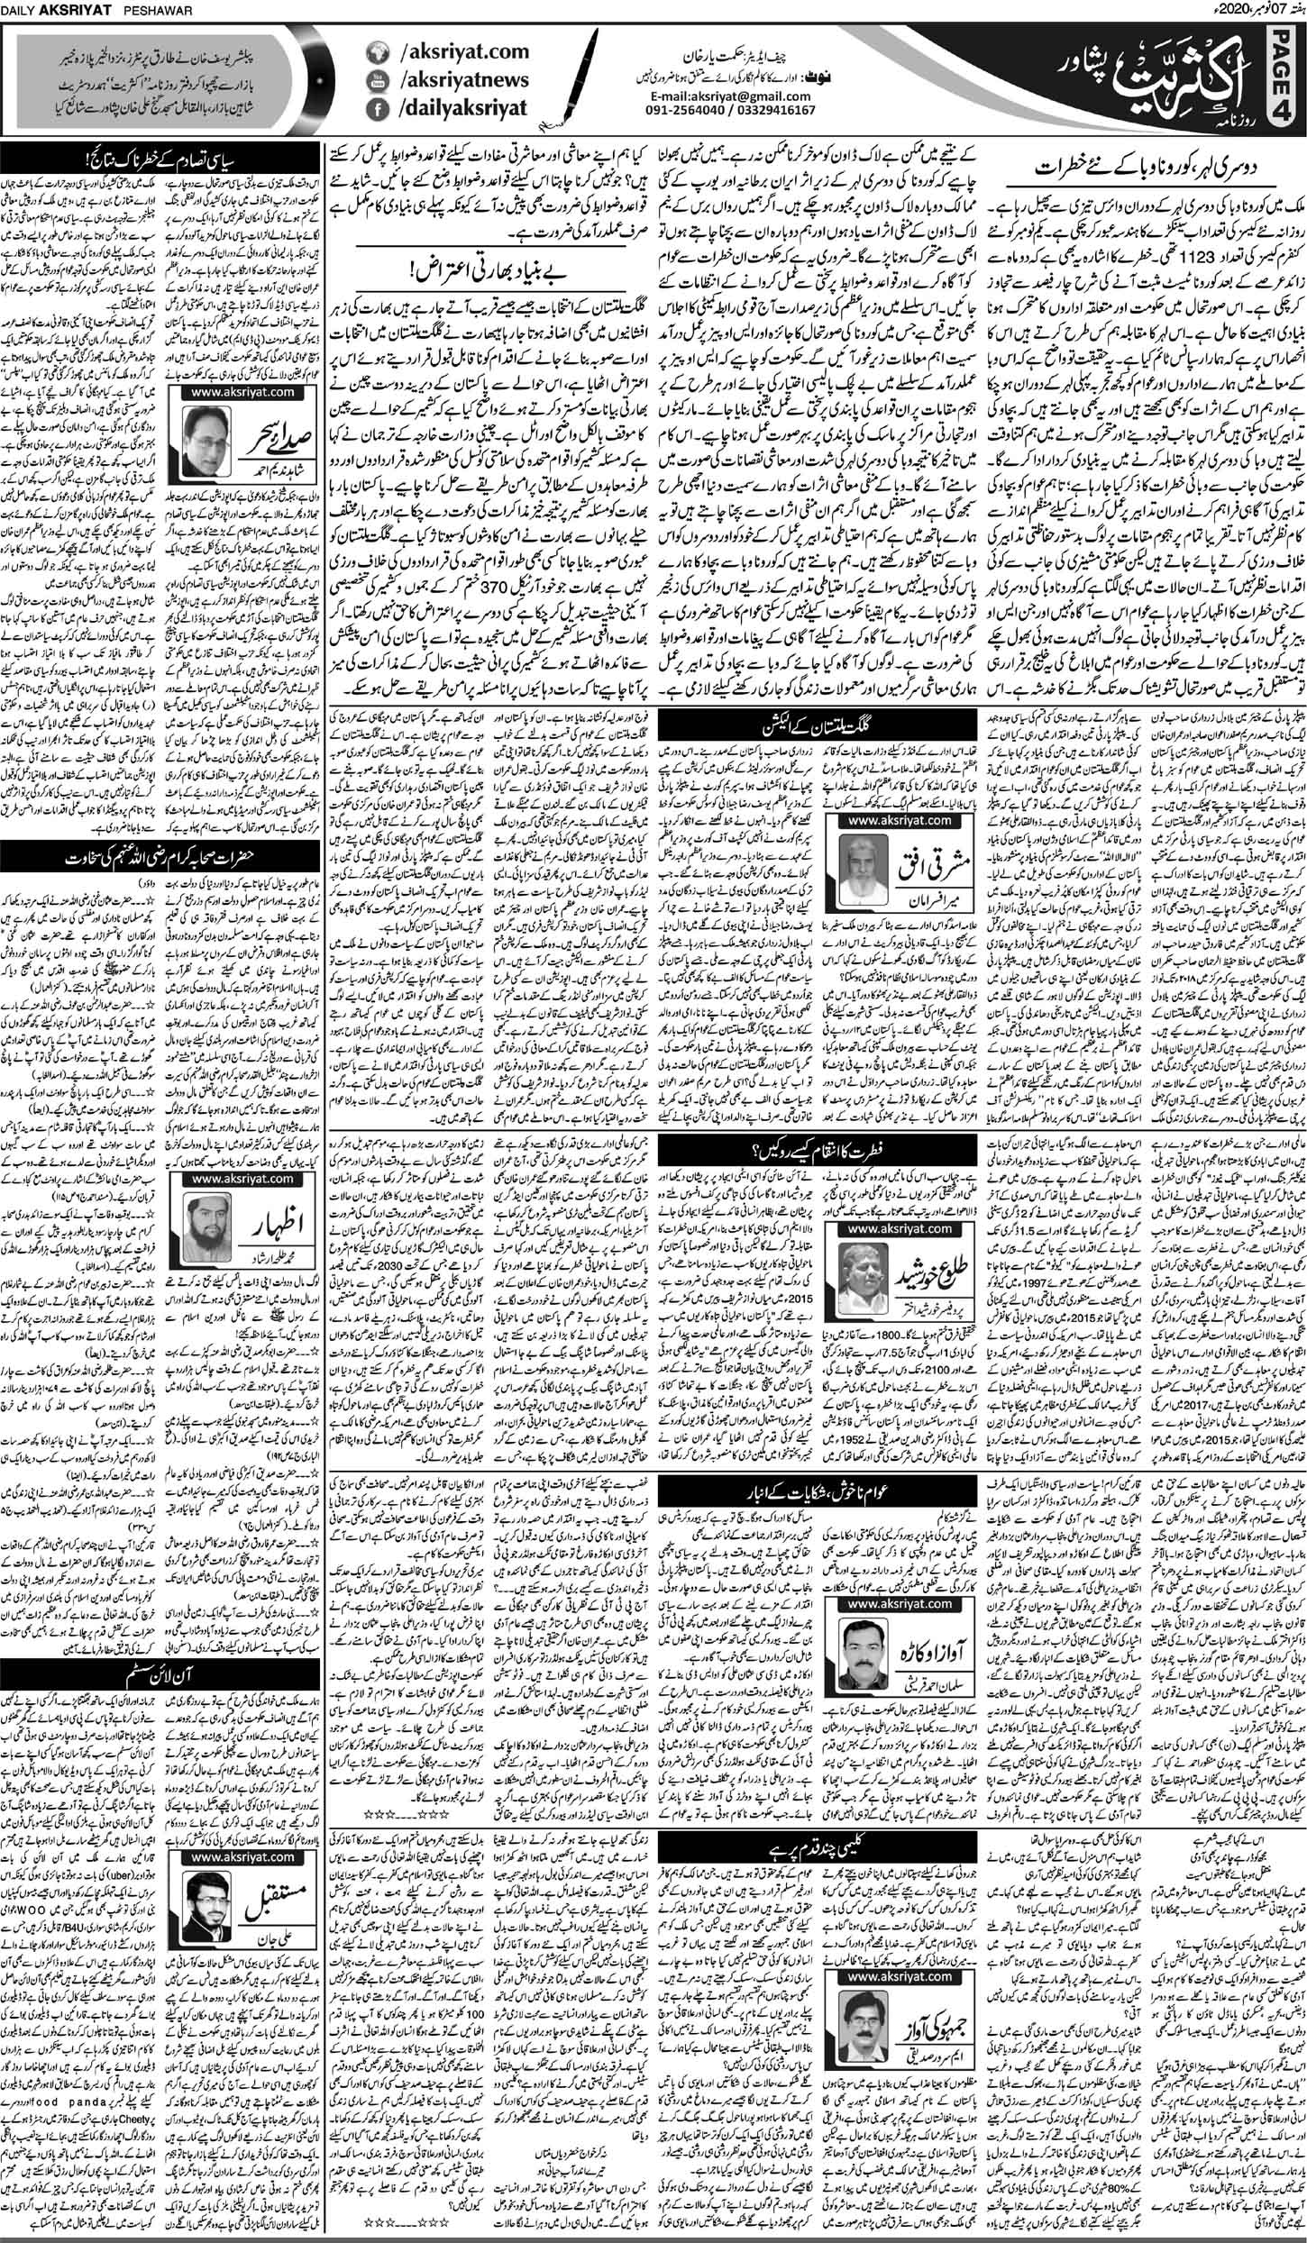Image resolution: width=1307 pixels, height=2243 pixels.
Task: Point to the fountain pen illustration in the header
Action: pos(549,81)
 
